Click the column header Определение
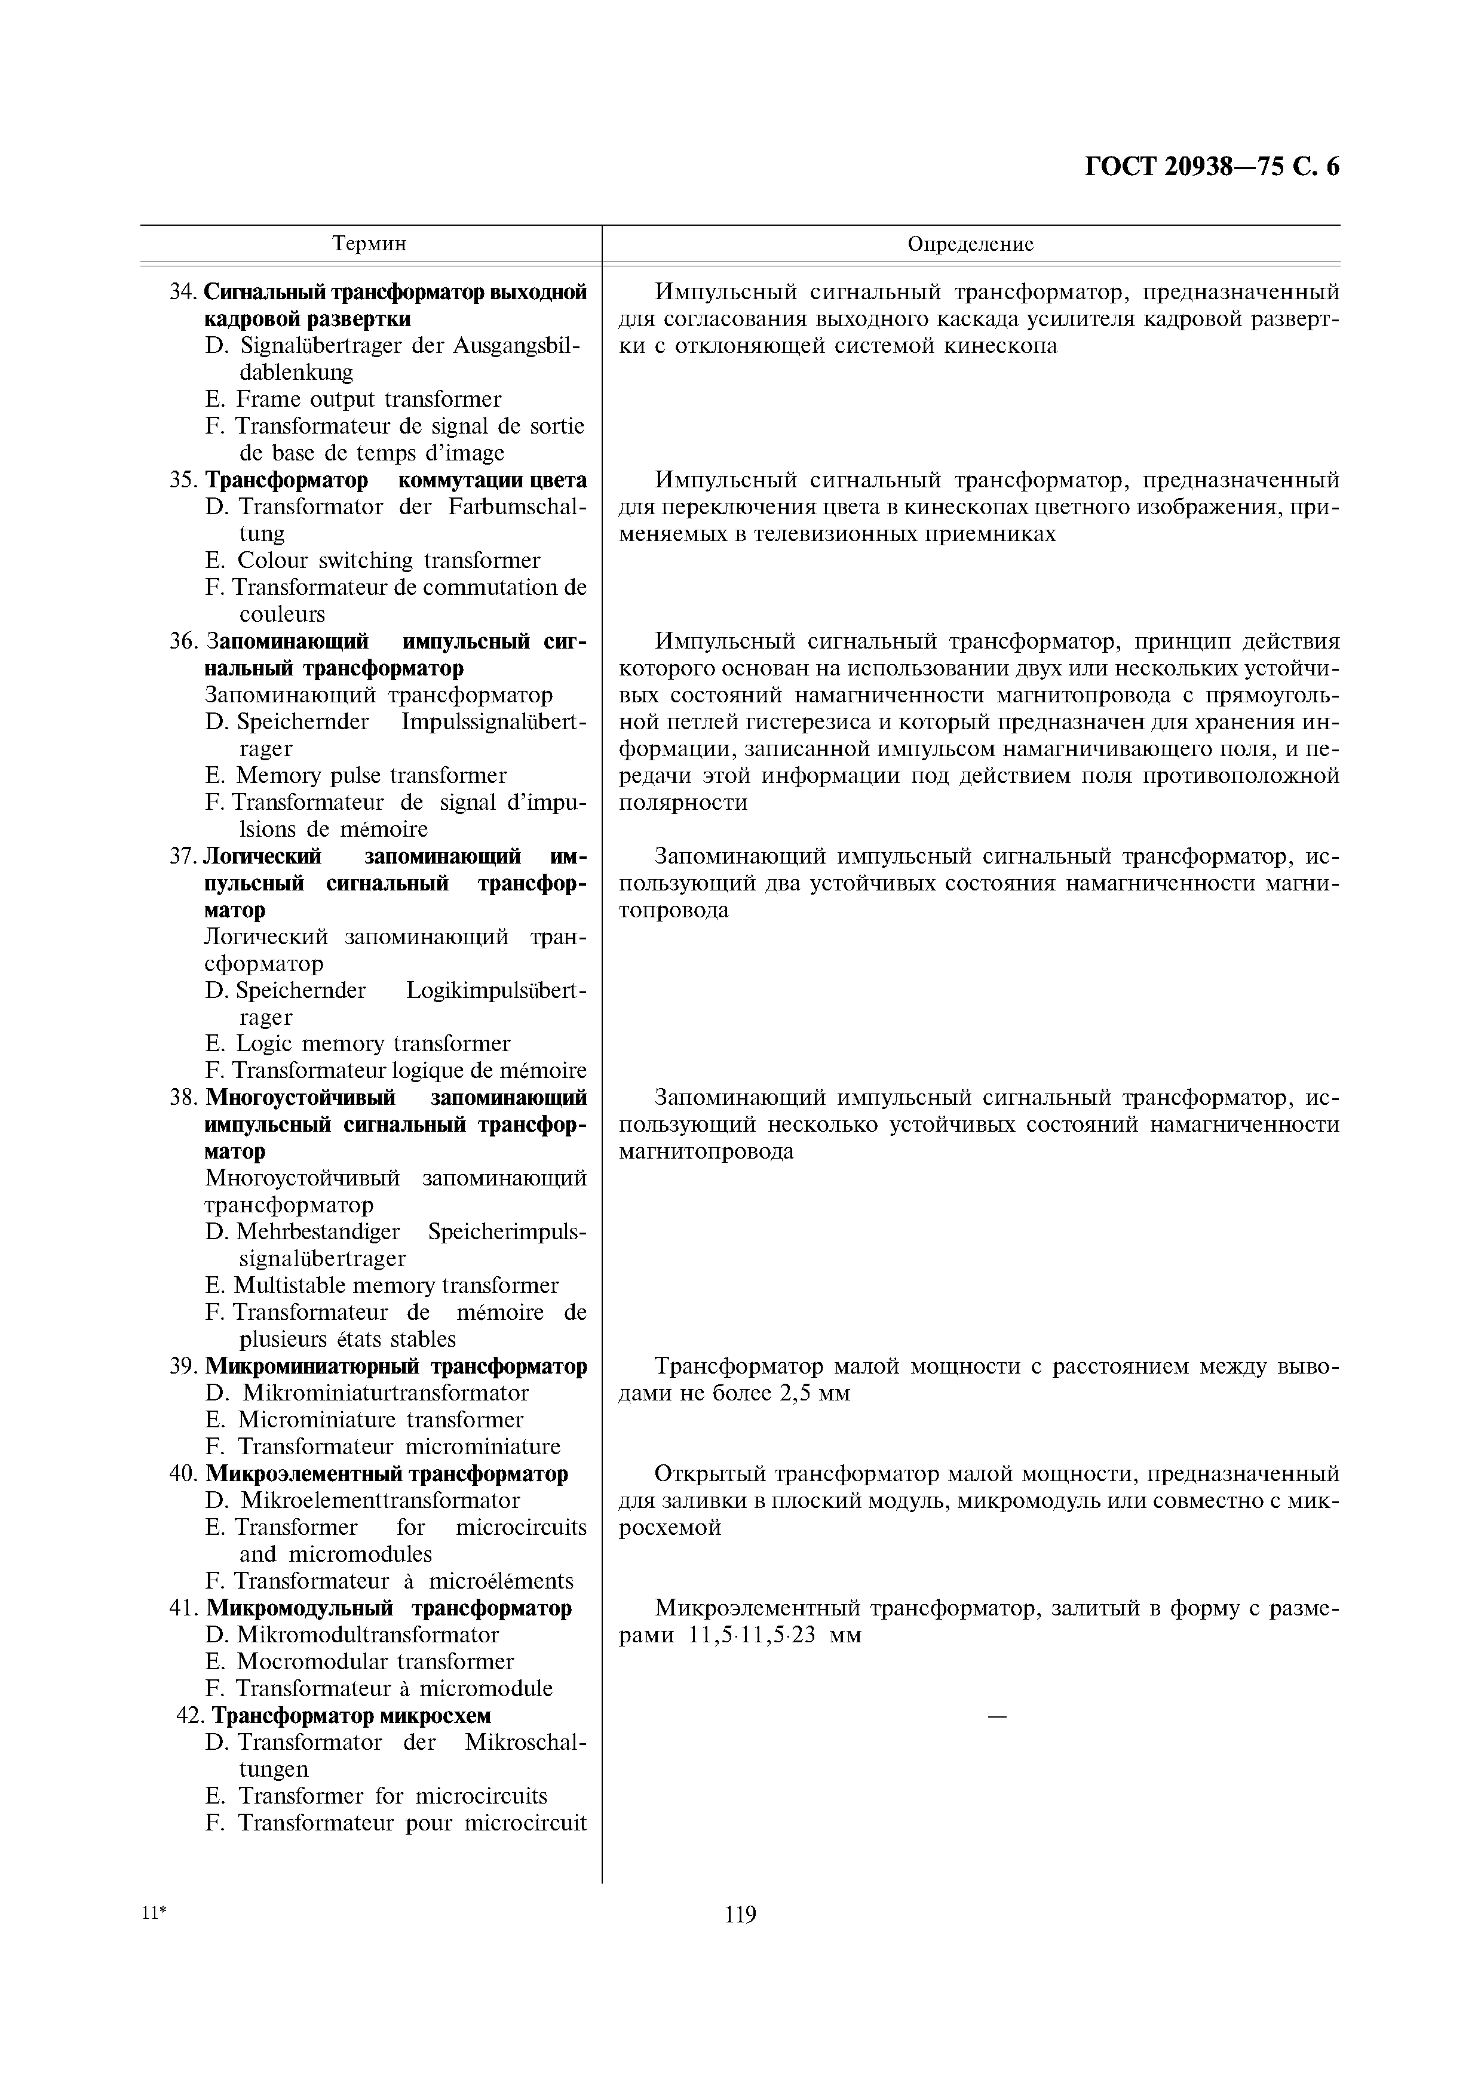[970, 244]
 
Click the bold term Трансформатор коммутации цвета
[396, 480]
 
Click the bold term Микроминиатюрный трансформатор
[396, 1366]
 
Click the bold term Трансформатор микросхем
[351, 1715]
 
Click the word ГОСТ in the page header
[1120, 167]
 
